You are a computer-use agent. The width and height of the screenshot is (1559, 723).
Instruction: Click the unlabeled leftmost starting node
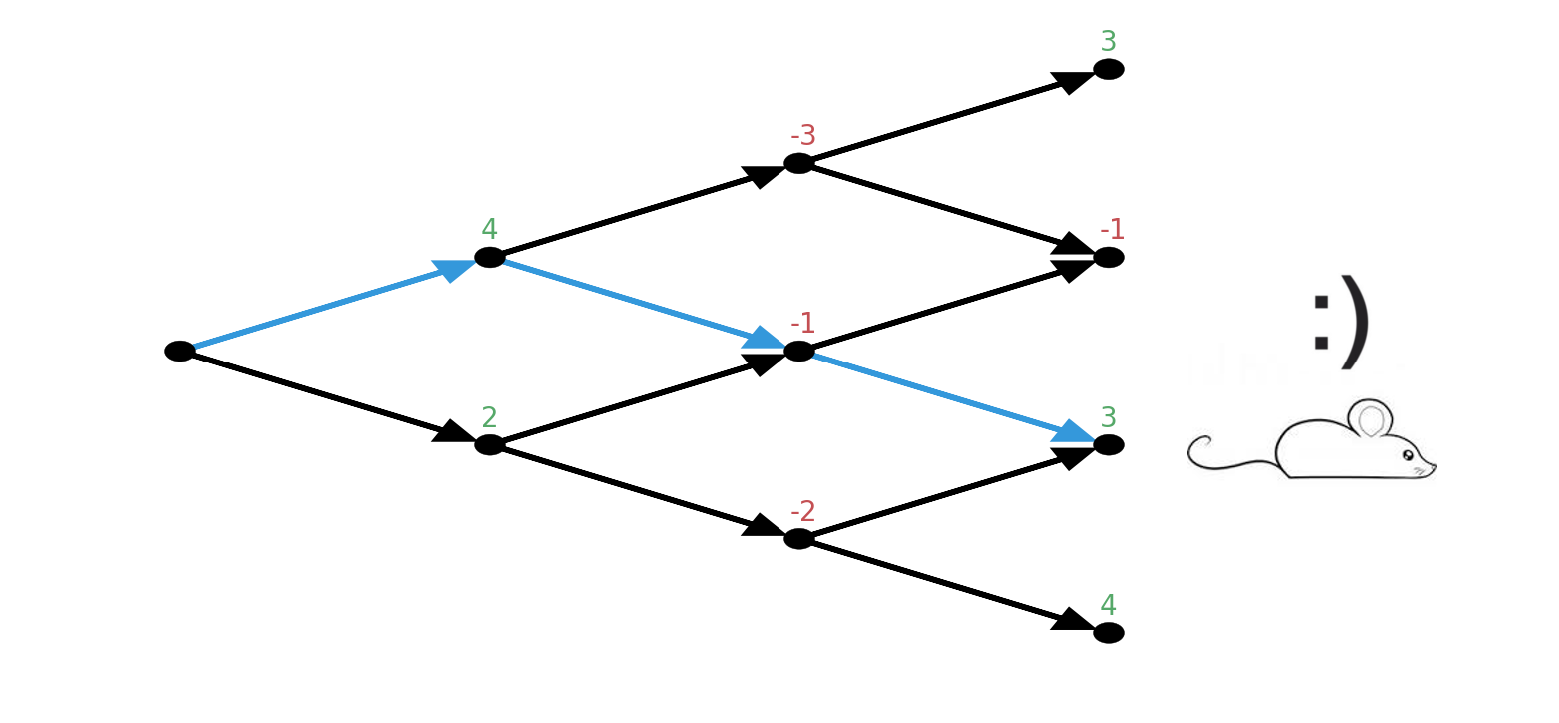[180, 351]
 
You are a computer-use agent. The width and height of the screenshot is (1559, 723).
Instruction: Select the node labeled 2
[490, 444]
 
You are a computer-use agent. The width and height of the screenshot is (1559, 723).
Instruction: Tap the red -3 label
[802, 135]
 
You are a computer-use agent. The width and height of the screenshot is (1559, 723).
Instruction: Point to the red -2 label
[802, 511]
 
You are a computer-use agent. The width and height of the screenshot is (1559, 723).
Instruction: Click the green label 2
[489, 417]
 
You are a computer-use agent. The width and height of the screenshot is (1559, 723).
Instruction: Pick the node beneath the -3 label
[799, 163]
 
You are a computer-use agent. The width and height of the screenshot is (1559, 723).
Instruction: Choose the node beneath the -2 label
[799, 538]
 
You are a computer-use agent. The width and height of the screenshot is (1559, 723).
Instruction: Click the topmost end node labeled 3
[1109, 69]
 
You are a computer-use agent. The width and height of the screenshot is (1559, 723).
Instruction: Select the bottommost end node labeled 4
[1109, 632]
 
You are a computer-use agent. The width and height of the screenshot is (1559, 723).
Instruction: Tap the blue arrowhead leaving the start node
[453, 269]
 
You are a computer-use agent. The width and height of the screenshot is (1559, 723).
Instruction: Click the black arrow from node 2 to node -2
[640, 490]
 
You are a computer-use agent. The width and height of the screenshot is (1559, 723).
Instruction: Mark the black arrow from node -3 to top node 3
[949, 117]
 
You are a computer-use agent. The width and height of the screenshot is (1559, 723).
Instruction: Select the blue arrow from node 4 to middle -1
[640, 303]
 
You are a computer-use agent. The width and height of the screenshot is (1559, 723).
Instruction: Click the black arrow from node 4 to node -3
[640, 211]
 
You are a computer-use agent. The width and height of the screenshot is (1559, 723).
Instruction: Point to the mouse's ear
[1371, 419]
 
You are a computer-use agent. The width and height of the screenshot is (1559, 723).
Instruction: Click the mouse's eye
[1408, 455]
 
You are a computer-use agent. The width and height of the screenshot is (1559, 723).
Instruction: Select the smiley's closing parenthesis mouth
[1355, 322]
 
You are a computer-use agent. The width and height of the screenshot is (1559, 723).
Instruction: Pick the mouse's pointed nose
[1434, 465]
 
